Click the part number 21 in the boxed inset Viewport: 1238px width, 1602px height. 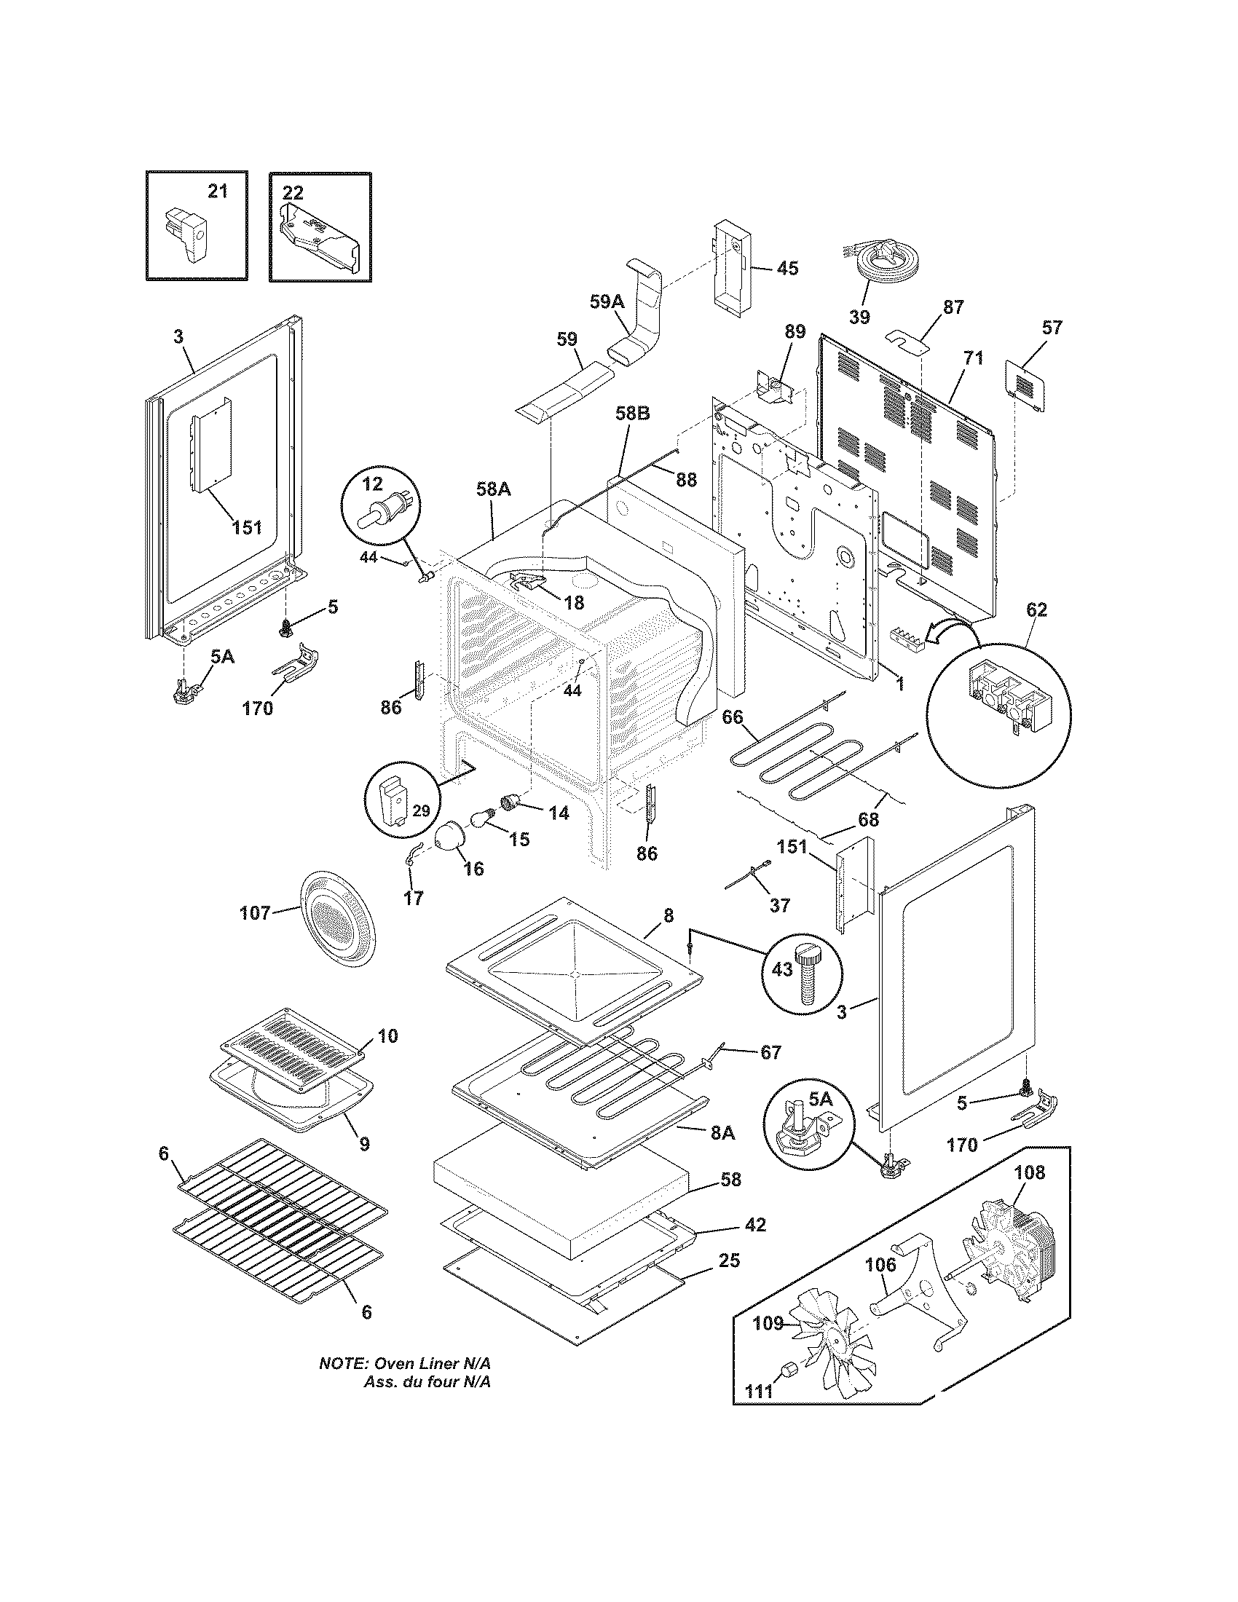(218, 192)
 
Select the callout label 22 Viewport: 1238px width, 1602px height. (293, 192)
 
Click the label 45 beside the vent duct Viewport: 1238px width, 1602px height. (787, 268)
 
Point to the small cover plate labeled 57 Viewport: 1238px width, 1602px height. (1025, 384)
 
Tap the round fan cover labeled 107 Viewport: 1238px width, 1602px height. (339, 923)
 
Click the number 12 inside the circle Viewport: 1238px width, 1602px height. (373, 484)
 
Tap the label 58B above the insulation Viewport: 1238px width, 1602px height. (632, 414)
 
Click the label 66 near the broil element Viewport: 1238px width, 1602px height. (732, 717)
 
